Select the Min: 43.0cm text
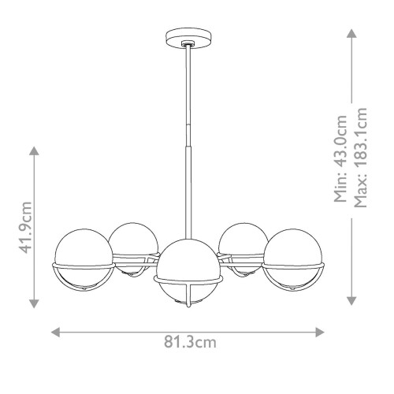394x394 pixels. (341, 158)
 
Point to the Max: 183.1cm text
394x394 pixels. (363, 158)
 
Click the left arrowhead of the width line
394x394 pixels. (55, 332)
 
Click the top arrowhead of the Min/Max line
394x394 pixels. (351, 33)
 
